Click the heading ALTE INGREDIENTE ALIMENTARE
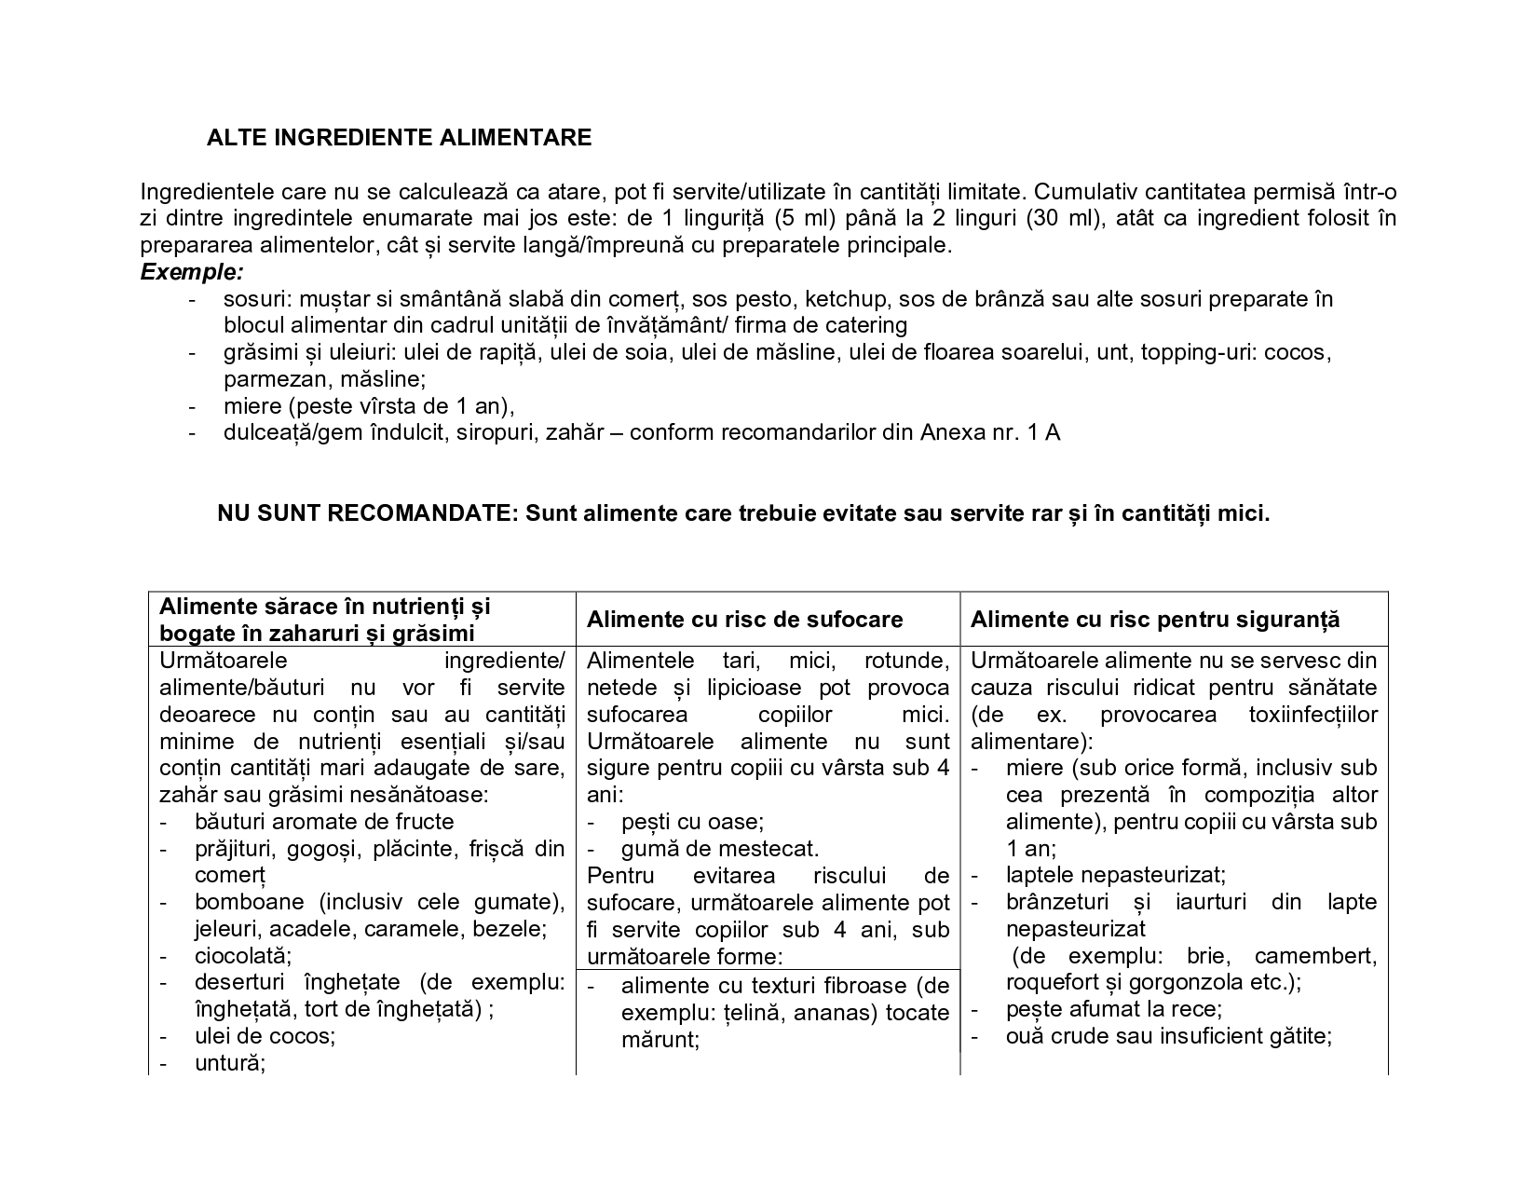coord(399,138)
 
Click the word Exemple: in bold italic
coord(192,272)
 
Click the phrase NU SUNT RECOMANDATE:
coord(367,513)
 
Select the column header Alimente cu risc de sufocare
coord(745,620)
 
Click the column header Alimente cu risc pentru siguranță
coord(1155,620)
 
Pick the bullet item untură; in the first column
coord(230,1063)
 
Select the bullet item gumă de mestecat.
coord(720,849)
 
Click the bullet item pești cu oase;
coord(692,822)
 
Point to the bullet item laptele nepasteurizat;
coord(1115,875)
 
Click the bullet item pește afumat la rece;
coord(1113,1009)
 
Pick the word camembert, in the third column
coord(1315,956)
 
